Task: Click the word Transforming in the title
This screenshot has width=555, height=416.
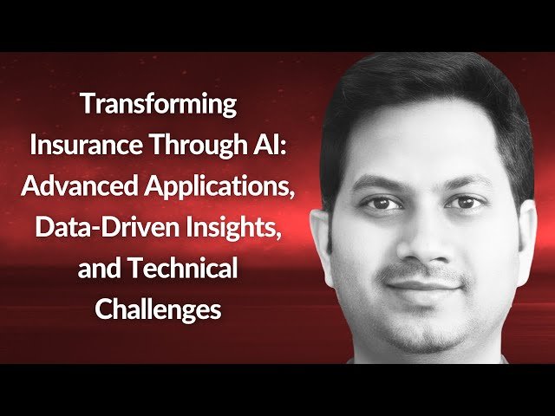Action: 159,104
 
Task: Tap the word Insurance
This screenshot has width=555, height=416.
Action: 82,145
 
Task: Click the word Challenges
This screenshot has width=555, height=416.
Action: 159,309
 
